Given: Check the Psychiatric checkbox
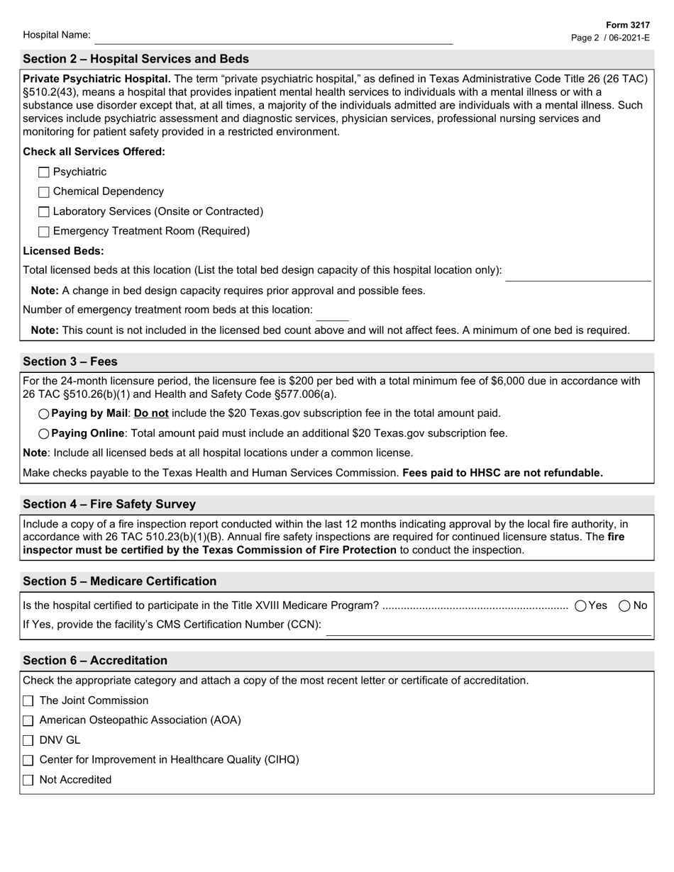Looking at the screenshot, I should [x=44, y=172].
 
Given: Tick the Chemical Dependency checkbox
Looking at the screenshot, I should [x=44, y=192].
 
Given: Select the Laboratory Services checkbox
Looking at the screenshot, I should [x=44, y=212].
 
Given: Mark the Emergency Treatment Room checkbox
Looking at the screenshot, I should [x=44, y=232].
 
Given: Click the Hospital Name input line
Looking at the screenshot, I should [x=273, y=37].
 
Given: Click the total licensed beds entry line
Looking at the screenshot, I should [x=578, y=274].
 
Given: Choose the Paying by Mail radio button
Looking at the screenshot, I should [x=44, y=414].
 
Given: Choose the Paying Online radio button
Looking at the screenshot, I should [x=44, y=434].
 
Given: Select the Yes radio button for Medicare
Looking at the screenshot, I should [x=581, y=605].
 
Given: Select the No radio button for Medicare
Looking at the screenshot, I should [x=625, y=605].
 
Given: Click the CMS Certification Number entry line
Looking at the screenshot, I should [x=488, y=628].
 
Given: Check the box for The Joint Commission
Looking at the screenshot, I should [x=28, y=701].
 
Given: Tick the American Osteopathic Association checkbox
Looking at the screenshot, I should [x=28, y=721].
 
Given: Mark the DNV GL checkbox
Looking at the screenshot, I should [x=28, y=741].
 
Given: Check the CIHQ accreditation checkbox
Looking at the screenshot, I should [x=28, y=761].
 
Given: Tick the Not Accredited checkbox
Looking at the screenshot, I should [x=28, y=781].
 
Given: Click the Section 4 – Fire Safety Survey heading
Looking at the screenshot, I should [x=109, y=504].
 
